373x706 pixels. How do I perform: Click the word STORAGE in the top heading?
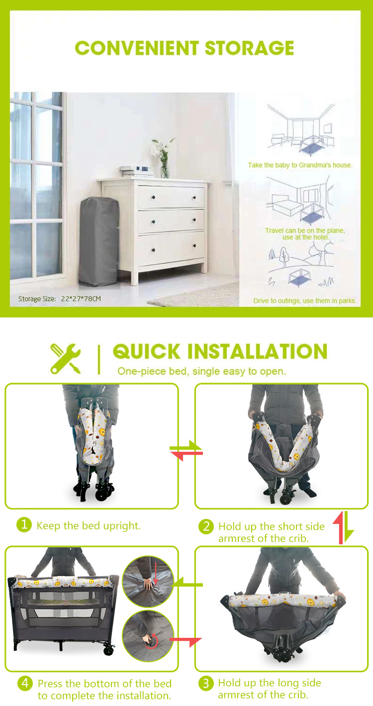pyautogui.click(x=249, y=48)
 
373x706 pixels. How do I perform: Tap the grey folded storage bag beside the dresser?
pyautogui.click(x=99, y=241)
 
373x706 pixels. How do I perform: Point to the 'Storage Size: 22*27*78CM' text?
pyautogui.click(x=60, y=299)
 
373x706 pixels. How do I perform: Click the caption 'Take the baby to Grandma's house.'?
pyautogui.click(x=300, y=165)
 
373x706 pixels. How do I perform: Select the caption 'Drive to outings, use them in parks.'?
pyautogui.click(x=305, y=301)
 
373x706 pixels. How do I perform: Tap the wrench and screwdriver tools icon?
pyautogui.click(x=66, y=359)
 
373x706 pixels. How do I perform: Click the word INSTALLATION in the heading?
pyautogui.click(x=258, y=351)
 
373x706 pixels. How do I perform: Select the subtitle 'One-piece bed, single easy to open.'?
pyautogui.click(x=201, y=371)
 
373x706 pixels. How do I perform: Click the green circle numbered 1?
pyautogui.click(x=24, y=525)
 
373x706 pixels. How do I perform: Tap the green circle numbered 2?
pyautogui.click(x=206, y=526)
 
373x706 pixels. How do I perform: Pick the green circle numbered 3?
pyautogui.click(x=206, y=683)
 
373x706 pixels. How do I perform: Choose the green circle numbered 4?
pyautogui.click(x=25, y=683)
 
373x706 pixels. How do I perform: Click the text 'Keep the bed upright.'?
pyautogui.click(x=89, y=526)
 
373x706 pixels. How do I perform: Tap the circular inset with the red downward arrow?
pyautogui.click(x=148, y=582)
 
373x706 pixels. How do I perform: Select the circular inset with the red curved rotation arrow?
pyautogui.click(x=148, y=636)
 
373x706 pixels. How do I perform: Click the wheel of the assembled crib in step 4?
pyautogui.click(x=109, y=650)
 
